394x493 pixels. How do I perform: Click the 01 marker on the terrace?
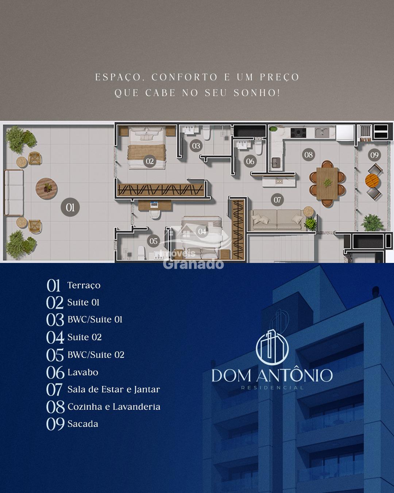pyautogui.click(x=70, y=207)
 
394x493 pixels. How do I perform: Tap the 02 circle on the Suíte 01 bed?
pyautogui.click(x=150, y=161)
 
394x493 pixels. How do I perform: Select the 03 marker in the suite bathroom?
pyautogui.click(x=196, y=146)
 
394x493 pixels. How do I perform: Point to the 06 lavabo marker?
pyautogui.click(x=250, y=161)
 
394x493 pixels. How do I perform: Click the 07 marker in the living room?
pyautogui.click(x=277, y=200)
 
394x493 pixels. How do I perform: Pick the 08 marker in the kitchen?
pyautogui.click(x=308, y=154)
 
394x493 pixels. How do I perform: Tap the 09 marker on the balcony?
pyautogui.click(x=374, y=155)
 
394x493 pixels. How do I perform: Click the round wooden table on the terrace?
pyautogui.click(x=46, y=189)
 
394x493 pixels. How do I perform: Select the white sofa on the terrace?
pyautogui.click(x=14, y=193)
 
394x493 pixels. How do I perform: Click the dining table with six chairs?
pyautogui.click(x=327, y=184)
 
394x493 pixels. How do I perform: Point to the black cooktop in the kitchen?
pyautogui.click(x=298, y=133)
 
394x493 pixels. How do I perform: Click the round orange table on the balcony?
pyautogui.click(x=372, y=181)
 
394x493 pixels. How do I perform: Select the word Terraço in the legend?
pyautogui.click(x=84, y=286)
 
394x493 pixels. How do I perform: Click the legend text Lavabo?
pyautogui.click(x=83, y=372)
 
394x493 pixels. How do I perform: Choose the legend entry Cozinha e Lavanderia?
pyautogui.click(x=114, y=407)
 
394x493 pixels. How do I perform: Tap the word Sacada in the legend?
pyautogui.click(x=83, y=424)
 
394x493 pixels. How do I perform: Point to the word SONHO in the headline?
pyautogui.click(x=256, y=93)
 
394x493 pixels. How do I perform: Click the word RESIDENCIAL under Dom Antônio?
pyautogui.click(x=273, y=388)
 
